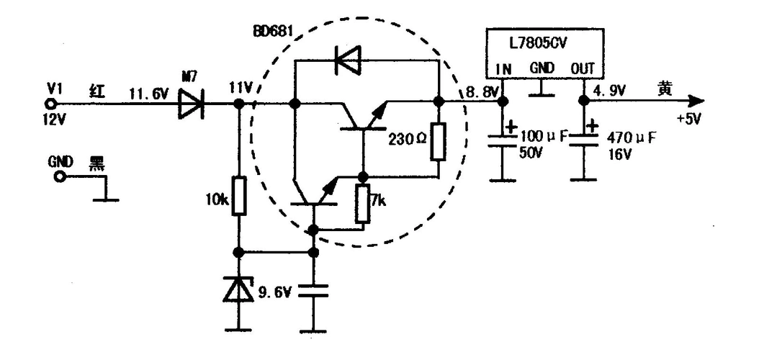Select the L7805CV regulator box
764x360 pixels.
542,50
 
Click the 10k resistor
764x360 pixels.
240,197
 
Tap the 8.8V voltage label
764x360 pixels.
480,92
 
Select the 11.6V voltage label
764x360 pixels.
148,92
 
